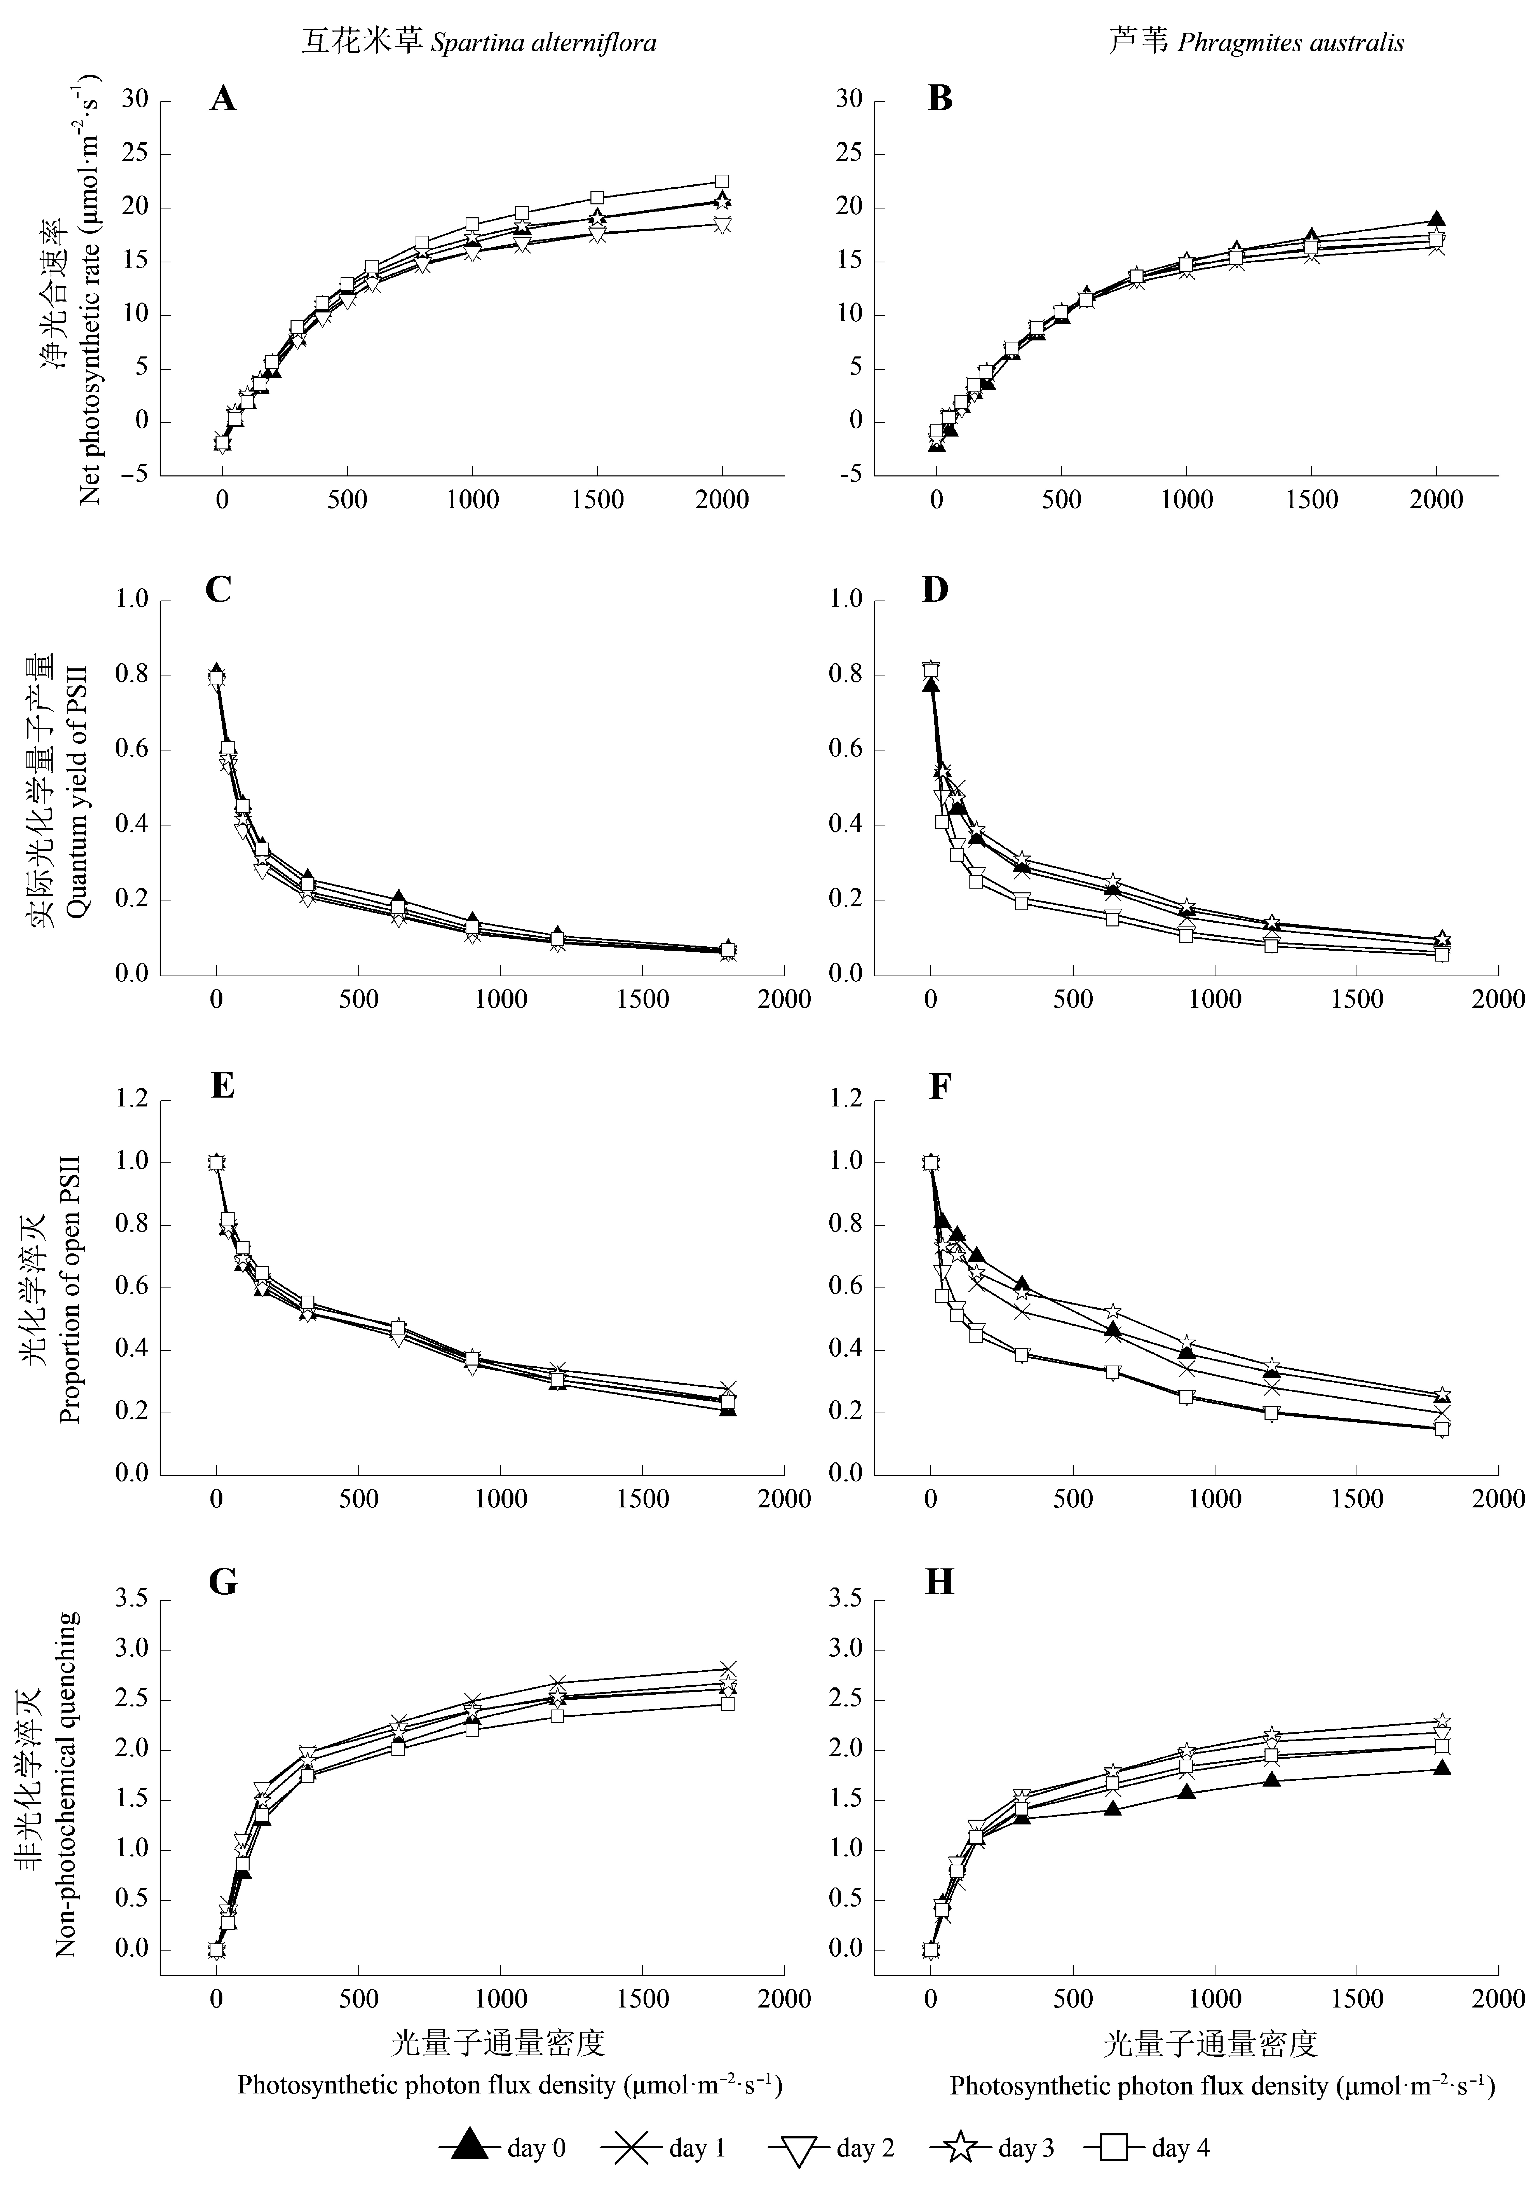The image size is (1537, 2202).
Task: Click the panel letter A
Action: [x=222, y=99]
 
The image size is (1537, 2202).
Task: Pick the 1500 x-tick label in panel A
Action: [x=597, y=500]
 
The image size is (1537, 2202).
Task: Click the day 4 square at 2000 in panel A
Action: [x=722, y=181]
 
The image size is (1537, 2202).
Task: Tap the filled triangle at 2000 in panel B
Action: [x=1436, y=219]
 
